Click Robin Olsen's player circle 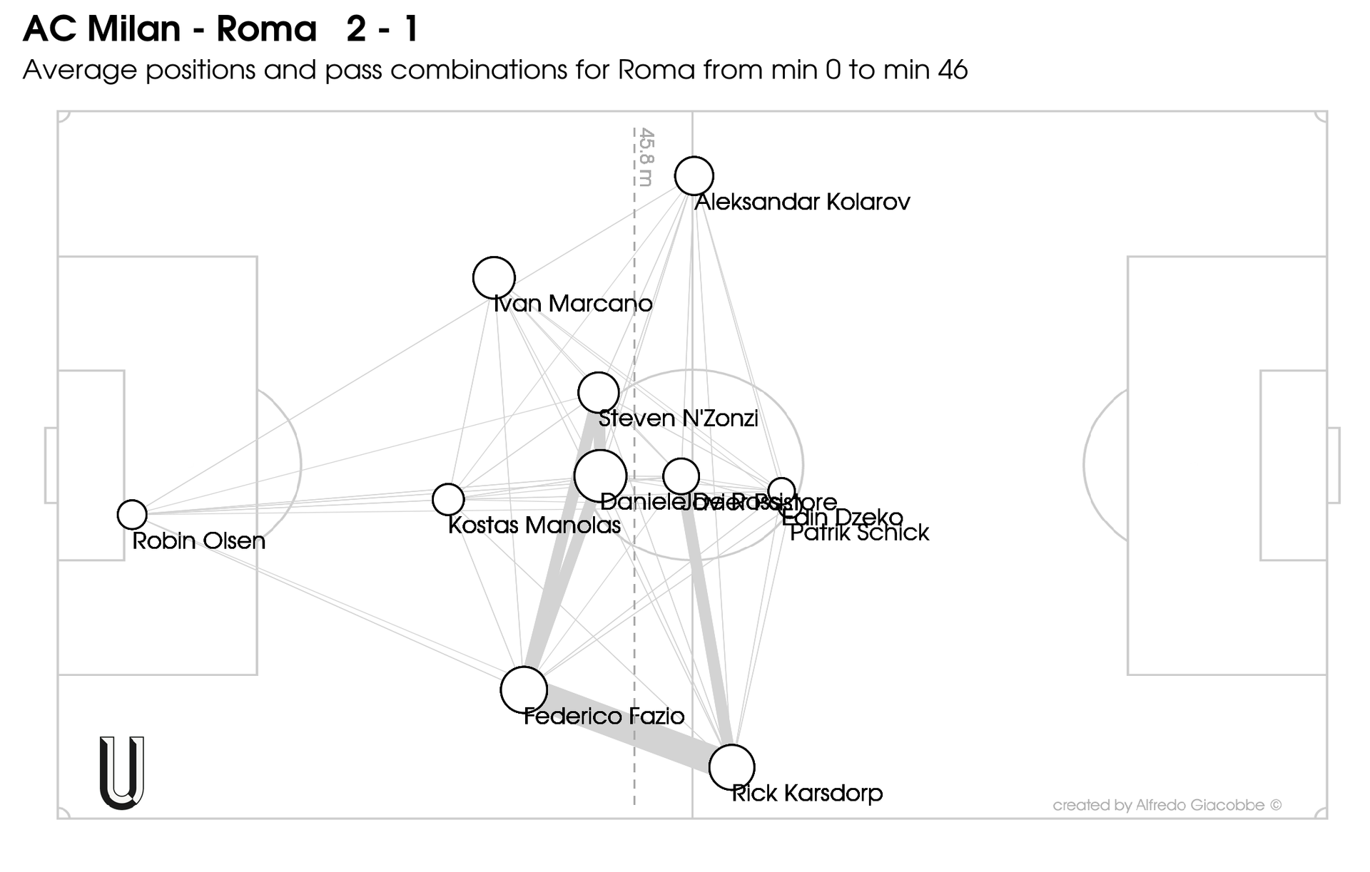[x=132, y=513]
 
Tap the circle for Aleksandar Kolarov [x=694, y=175]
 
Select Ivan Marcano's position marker [x=494, y=277]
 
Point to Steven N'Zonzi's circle [x=598, y=392]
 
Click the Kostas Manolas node [x=448, y=499]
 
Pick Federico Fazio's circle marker [x=524, y=690]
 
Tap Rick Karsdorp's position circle [x=731, y=767]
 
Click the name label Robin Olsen [x=198, y=541]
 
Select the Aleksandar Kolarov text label [x=802, y=202]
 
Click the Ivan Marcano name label [x=573, y=304]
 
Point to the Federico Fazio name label [x=604, y=717]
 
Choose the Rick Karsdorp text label [x=807, y=794]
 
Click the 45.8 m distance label [x=646, y=157]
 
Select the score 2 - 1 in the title [x=382, y=30]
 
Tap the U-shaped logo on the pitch [x=122, y=773]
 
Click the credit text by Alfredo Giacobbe [x=1167, y=806]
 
